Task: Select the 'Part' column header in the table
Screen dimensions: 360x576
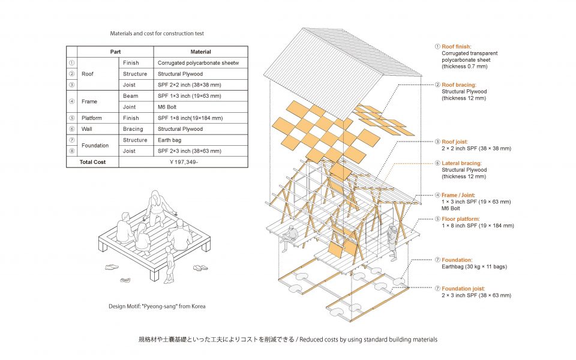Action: pos(116,52)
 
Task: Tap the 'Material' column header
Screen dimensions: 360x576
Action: pos(200,52)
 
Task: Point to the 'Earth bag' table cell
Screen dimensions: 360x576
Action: pos(170,140)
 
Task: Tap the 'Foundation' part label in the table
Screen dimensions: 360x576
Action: pos(95,145)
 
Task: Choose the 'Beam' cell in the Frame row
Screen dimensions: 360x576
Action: pos(130,96)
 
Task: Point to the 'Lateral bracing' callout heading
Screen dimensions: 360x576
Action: pos(464,163)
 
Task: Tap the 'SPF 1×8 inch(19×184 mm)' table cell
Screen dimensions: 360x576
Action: pos(190,118)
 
